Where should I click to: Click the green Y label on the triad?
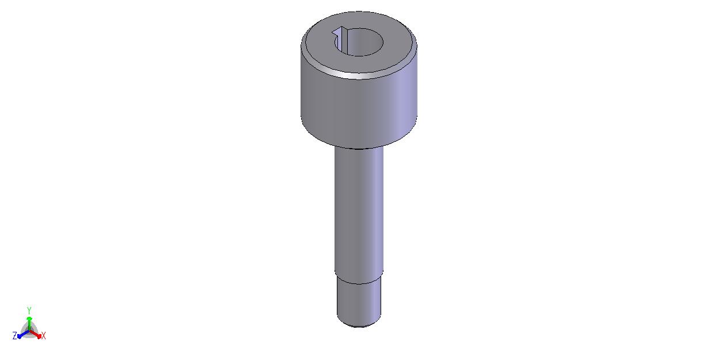tap(29, 310)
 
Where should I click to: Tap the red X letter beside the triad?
tap(44, 336)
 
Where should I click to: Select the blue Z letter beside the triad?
tap(14, 336)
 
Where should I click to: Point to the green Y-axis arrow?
tap(29, 324)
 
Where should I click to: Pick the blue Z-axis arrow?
tap(23, 334)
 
